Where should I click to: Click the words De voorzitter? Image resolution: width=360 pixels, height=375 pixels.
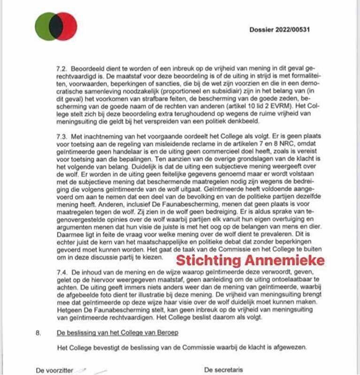coord(55,370)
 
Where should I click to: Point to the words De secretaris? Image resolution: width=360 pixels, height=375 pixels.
coord(224,370)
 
